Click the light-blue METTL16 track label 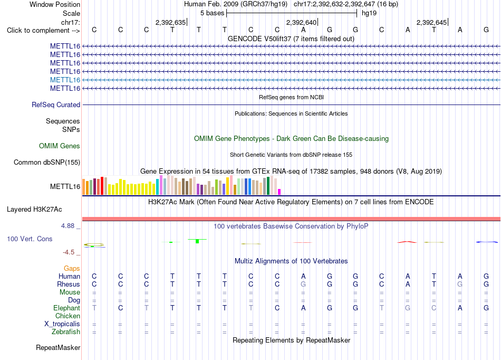click(x=65, y=80)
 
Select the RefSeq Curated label click(x=56, y=105)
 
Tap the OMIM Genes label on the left click(x=60, y=146)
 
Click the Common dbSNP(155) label click(x=47, y=163)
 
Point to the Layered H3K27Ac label click(x=34, y=210)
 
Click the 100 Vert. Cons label click(x=30, y=239)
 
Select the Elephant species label click(x=67, y=308)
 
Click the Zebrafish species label click(x=66, y=332)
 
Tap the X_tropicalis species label click(x=62, y=324)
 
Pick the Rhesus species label click(x=69, y=284)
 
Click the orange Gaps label click(x=72, y=269)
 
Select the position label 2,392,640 click(x=301, y=22)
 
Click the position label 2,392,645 click(x=432, y=22)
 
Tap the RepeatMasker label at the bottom click(x=58, y=347)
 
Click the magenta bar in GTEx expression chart click(x=280, y=192)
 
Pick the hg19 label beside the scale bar click(x=369, y=13)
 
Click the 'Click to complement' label click(x=43, y=31)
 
